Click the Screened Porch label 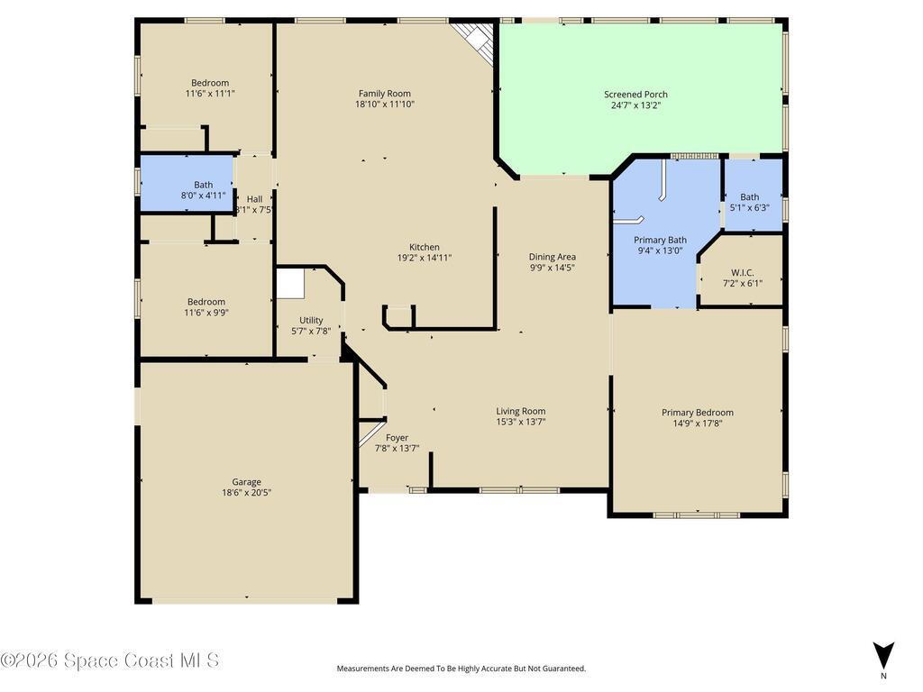pos(635,94)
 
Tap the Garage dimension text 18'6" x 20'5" pos(246,493)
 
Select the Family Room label pos(384,93)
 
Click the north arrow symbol pos(883,655)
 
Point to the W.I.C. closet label pos(742,272)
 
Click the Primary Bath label pos(660,240)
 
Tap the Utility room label pos(311,320)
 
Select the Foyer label pos(397,438)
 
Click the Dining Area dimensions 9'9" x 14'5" pos(553,268)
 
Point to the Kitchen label pos(425,247)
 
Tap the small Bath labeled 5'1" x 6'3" pos(749,196)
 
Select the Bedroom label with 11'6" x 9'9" pos(206,302)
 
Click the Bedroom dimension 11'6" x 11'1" pos(210,94)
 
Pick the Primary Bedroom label pos(697,413)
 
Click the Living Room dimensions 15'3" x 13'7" pos(521,422)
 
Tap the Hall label pos(254,199)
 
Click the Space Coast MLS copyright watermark pos(110,660)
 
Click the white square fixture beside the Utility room pos(290,284)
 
